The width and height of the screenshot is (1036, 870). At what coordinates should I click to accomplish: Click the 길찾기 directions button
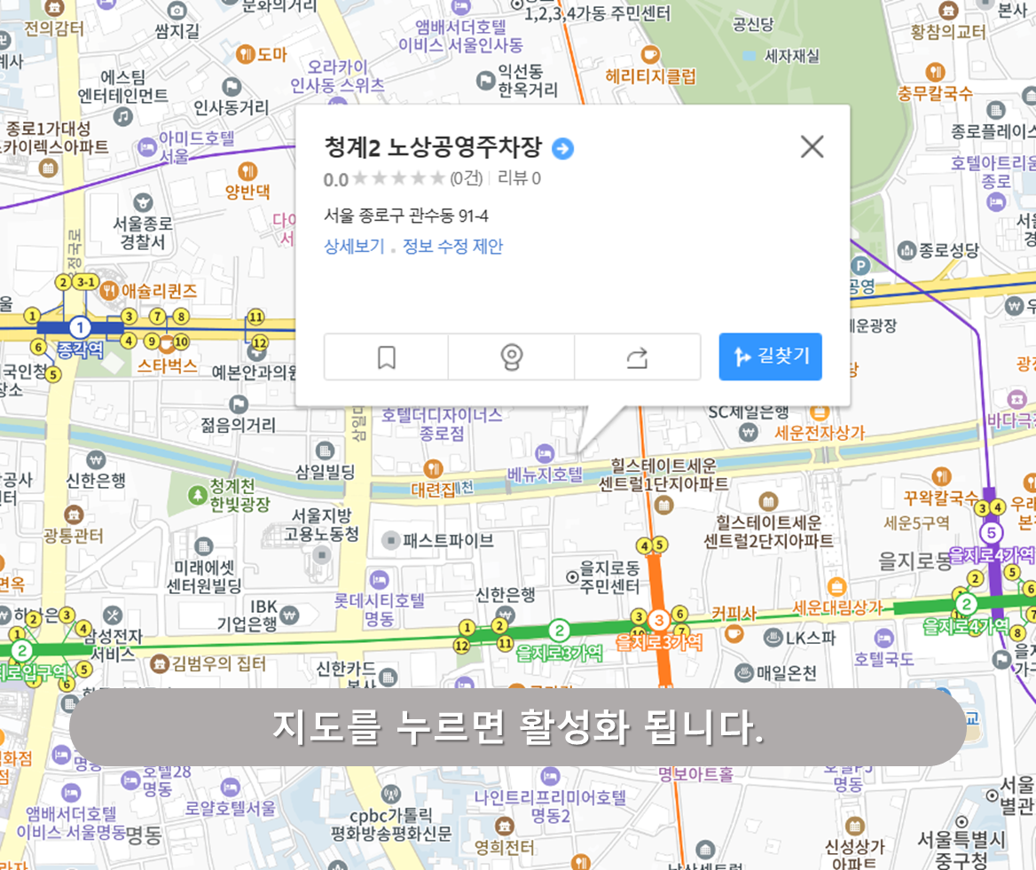[x=770, y=357]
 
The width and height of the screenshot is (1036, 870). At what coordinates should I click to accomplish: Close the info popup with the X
[x=812, y=147]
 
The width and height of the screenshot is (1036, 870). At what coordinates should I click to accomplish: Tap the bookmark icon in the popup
[x=386, y=357]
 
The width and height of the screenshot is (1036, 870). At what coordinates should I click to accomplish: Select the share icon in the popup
[x=637, y=357]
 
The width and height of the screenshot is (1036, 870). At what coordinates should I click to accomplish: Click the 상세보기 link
[x=354, y=247]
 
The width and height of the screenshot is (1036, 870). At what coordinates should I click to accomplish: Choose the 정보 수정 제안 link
[x=452, y=247]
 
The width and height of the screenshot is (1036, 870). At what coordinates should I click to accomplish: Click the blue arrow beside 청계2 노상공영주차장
[x=562, y=148]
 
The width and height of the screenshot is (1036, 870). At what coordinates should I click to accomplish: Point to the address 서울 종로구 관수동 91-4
[x=405, y=216]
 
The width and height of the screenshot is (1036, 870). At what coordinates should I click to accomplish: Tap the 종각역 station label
[x=80, y=349]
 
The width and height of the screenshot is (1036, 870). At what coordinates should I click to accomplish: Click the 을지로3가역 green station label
[x=559, y=653]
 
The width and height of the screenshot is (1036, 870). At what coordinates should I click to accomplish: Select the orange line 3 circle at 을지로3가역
[x=659, y=619]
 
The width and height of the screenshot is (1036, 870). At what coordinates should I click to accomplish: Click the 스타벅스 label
[x=167, y=365]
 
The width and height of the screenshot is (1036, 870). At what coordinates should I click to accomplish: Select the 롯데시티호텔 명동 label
[x=379, y=608]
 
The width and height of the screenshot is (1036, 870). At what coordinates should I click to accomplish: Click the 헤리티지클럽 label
[x=650, y=76]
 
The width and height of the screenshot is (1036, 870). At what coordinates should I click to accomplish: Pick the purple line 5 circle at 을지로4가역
[x=991, y=533]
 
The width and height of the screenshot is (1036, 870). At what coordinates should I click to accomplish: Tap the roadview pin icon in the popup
[x=511, y=357]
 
